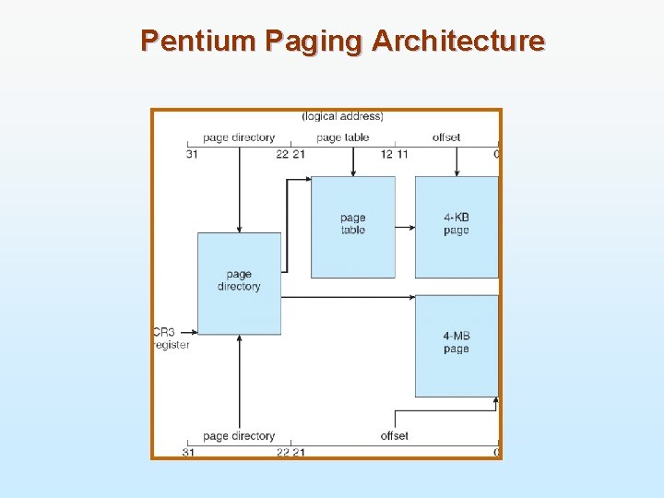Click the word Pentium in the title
coord(198,41)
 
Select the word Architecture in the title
coord(458,41)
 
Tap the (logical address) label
coord(343,116)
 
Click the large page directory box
coord(239,282)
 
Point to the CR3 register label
coord(170,338)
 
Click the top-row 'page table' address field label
coord(342,137)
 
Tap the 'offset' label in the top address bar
coord(446,137)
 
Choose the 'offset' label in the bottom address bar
coord(394,435)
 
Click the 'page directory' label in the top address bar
coord(239,137)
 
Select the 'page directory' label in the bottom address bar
coord(239,435)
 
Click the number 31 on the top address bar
coord(192,154)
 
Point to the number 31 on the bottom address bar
coord(188,452)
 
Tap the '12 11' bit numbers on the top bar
coord(394,154)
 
